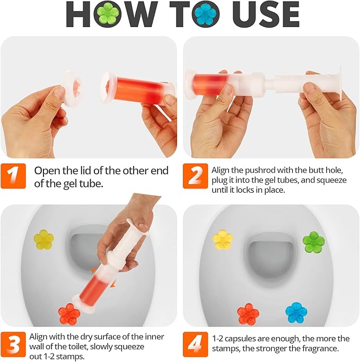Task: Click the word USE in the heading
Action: tap(270, 15)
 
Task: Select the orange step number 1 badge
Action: tap(13, 176)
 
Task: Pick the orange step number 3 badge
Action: tap(13, 343)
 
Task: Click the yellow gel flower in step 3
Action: tap(44, 240)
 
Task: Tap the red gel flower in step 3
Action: tap(69, 314)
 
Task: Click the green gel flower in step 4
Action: tap(313, 242)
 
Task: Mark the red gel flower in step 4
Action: tap(248, 313)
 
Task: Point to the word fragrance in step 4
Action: tap(321, 349)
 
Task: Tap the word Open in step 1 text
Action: tap(47, 170)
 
